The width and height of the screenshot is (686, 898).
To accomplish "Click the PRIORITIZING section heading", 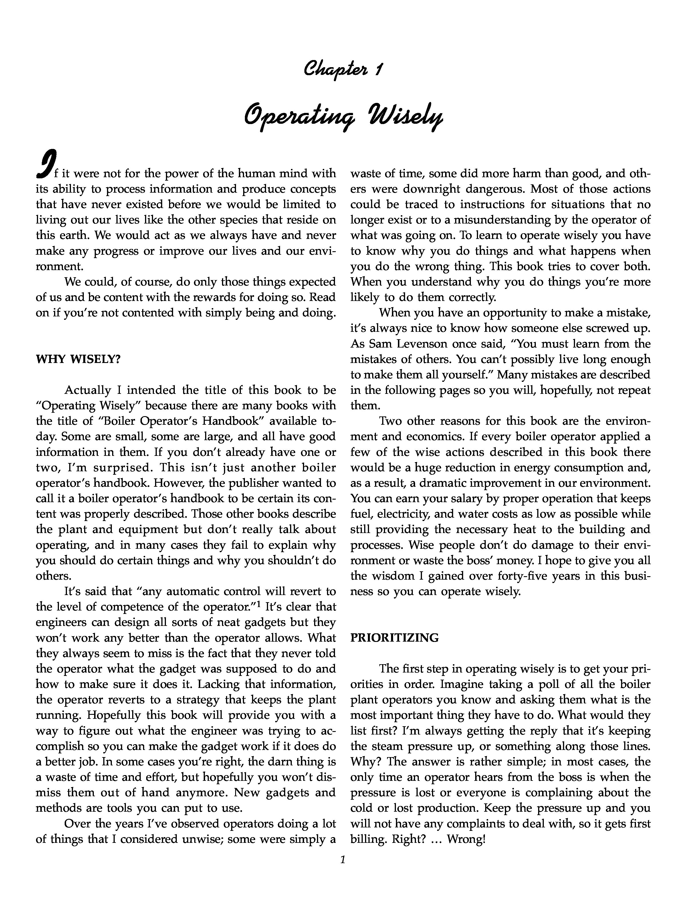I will pyautogui.click(x=394, y=638).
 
